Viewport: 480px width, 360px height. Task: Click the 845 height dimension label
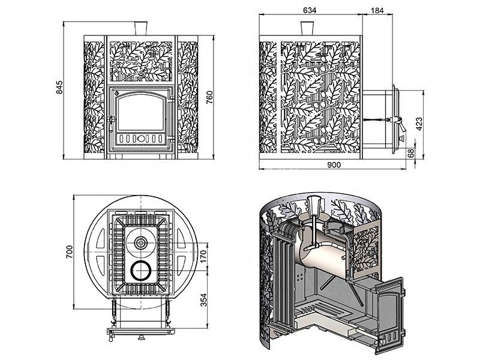[x=59, y=89]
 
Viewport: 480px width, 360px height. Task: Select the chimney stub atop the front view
[x=141, y=28]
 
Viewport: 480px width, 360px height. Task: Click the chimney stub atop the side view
[x=308, y=28]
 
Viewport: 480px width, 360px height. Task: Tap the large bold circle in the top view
[x=140, y=272]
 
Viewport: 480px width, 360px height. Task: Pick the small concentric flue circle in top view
[x=140, y=243]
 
